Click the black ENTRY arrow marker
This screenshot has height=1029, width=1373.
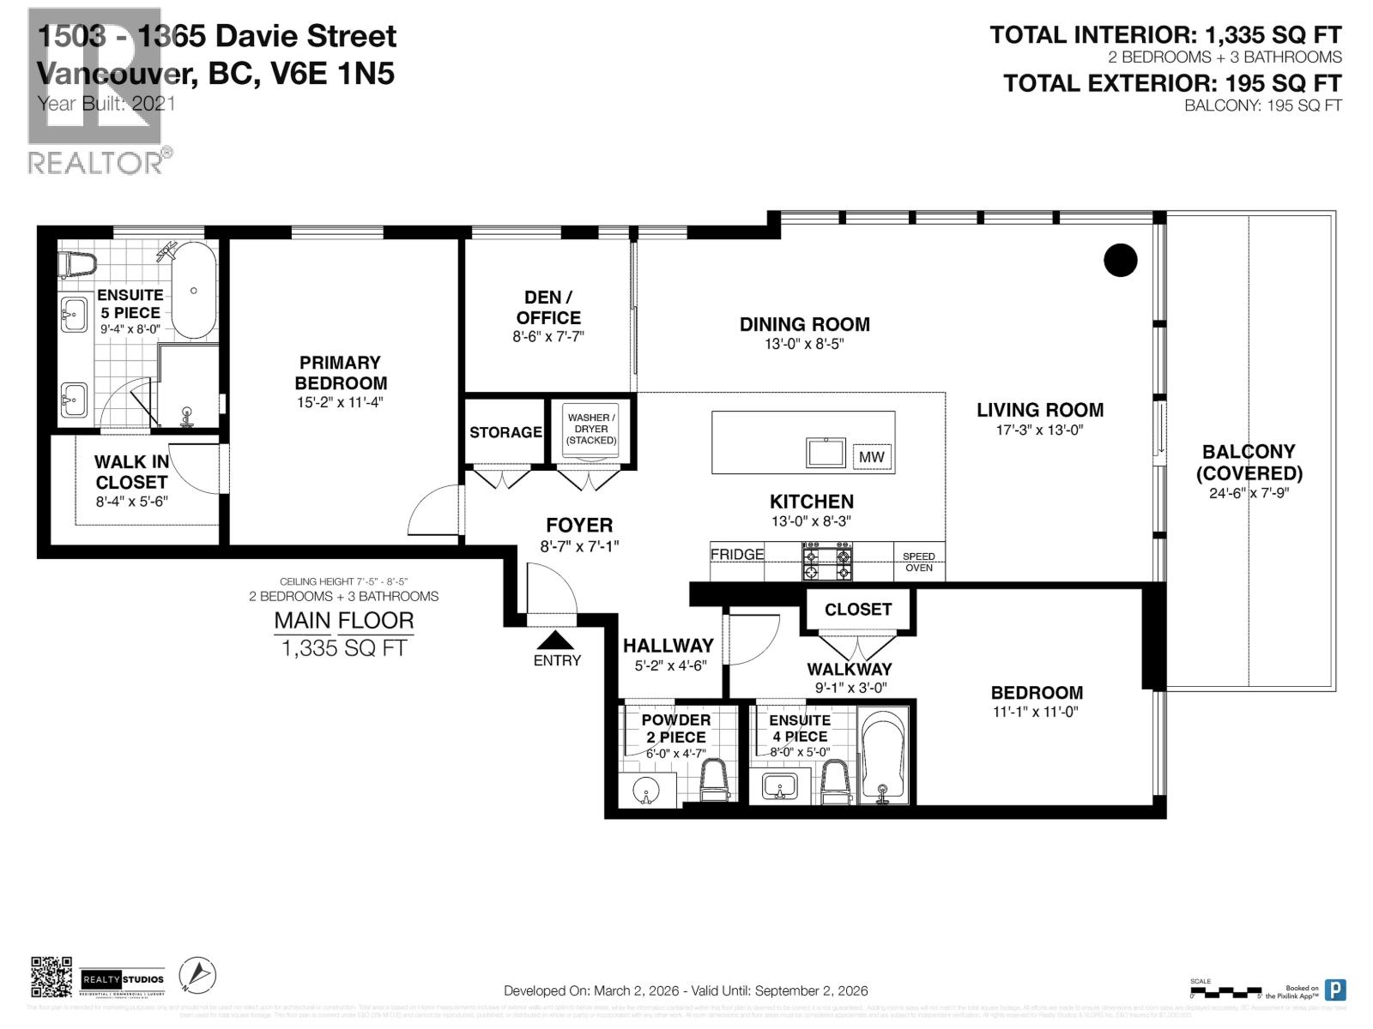pyautogui.click(x=556, y=640)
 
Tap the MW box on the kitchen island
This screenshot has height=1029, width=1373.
pyautogui.click(x=871, y=457)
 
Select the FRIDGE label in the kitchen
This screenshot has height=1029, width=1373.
pyautogui.click(x=736, y=554)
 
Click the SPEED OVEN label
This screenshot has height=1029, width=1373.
pyautogui.click(x=918, y=562)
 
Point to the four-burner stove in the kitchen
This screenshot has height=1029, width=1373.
pyautogui.click(x=827, y=562)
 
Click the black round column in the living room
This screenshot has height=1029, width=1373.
pyautogui.click(x=1120, y=260)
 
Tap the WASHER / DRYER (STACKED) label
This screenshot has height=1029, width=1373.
pyautogui.click(x=591, y=429)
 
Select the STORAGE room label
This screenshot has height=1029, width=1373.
pyautogui.click(x=505, y=432)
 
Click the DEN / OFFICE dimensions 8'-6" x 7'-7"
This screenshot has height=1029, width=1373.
pyautogui.click(x=548, y=337)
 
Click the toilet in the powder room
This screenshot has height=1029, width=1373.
pyautogui.click(x=714, y=780)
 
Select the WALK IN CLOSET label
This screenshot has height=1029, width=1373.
pyautogui.click(x=131, y=472)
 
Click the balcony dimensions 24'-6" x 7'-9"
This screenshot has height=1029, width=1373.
pyautogui.click(x=1249, y=493)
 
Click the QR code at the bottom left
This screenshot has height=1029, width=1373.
pyautogui.click(x=51, y=978)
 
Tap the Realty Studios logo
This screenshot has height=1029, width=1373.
pyautogui.click(x=123, y=978)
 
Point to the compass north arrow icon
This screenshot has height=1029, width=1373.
pyautogui.click(x=197, y=975)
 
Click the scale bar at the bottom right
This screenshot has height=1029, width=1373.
pyautogui.click(x=1225, y=991)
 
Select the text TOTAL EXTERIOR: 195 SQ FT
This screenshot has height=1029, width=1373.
pyautogui.click(x=1171, y=83)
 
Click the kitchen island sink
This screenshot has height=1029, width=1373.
pyautogui.click(x=826, y=452)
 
